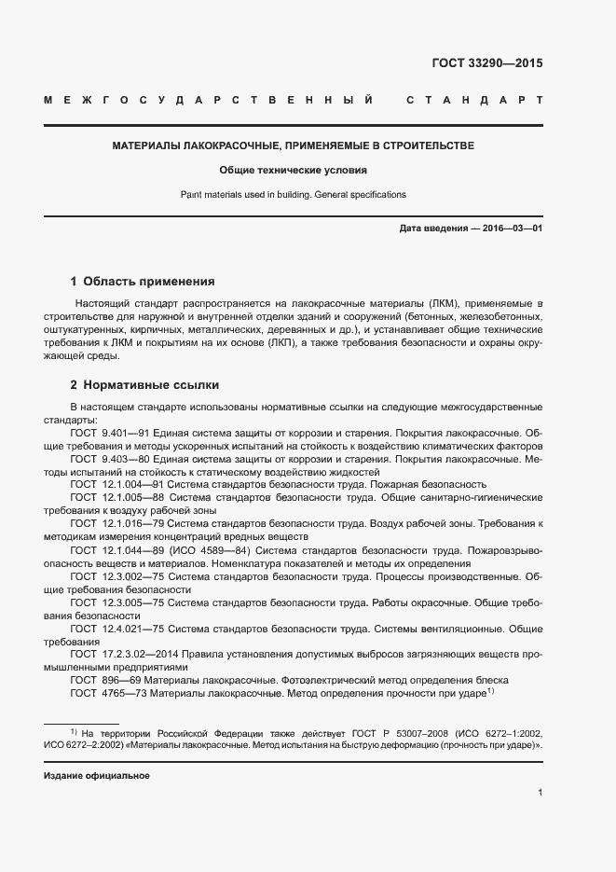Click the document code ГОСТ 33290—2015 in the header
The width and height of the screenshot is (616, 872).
(486, 64)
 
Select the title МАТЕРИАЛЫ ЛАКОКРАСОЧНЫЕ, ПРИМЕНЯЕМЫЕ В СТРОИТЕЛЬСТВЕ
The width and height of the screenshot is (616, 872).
(294, 146)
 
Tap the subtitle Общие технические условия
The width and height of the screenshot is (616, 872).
(294, 171)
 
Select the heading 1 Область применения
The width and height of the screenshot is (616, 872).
(143, 281)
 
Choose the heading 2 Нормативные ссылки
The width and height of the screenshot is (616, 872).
(144, 384)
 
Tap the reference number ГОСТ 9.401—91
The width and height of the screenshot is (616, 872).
(103, 434)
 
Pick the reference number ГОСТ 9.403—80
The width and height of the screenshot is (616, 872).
(103, 460)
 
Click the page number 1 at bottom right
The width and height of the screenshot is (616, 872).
(540, 794)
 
